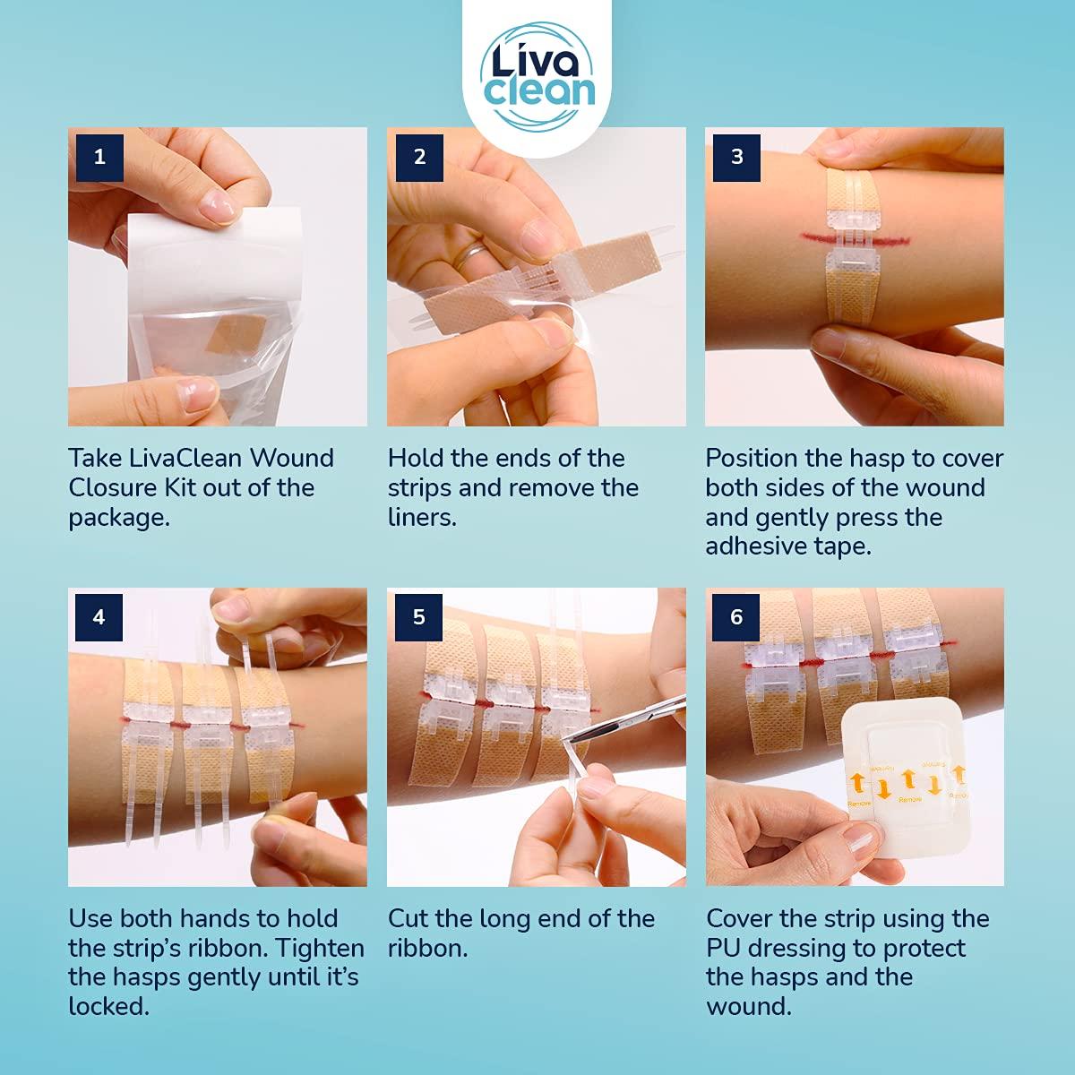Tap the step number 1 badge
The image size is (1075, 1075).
click(99, 157)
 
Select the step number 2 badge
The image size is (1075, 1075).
click(419, 157)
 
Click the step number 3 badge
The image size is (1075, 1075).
click(737, 157)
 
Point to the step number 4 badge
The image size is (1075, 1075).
click(99, 617)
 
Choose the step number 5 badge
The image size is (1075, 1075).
click(419, 617)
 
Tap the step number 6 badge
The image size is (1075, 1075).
click(737, 617)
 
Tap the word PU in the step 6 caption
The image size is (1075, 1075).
click(726, 948)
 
